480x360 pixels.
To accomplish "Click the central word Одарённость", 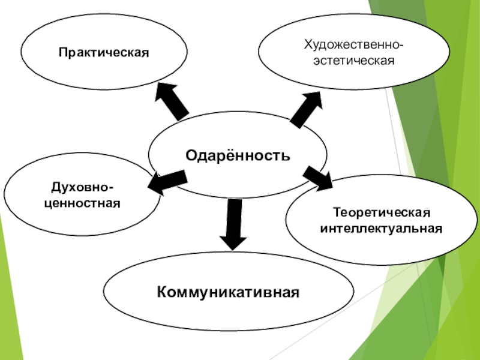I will [x=238, y=156].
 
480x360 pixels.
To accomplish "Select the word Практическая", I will [x=103, y=53].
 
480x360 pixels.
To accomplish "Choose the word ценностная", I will [x=82, y=204].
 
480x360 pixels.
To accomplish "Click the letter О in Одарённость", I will [x=190, y=156].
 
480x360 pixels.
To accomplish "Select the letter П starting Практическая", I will [x=62, y=53].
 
